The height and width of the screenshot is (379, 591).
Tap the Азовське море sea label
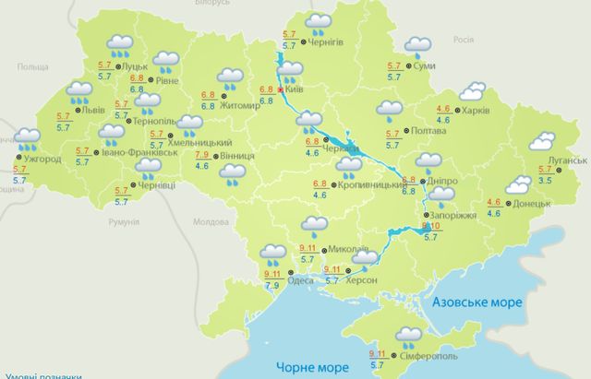pyautogui.click(x=480, y=302)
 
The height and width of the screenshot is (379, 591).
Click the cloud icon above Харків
pyautogui.click(x=472, y=90)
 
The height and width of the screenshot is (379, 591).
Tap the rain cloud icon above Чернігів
pyautogui.click(x=319, y=21)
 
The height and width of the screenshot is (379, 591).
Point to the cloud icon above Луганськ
pyautogui.click(x=540, y=141)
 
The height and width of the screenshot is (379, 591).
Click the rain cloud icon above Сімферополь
pyautogui.click(x=407, y=334)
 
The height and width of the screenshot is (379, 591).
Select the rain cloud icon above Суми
pyautogui.click(x=416, y=45)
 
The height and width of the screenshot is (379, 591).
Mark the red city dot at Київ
pyautogui.click(x=281, y=90)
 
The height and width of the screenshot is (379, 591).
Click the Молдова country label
pyautogui.click(x=211, y=222)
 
